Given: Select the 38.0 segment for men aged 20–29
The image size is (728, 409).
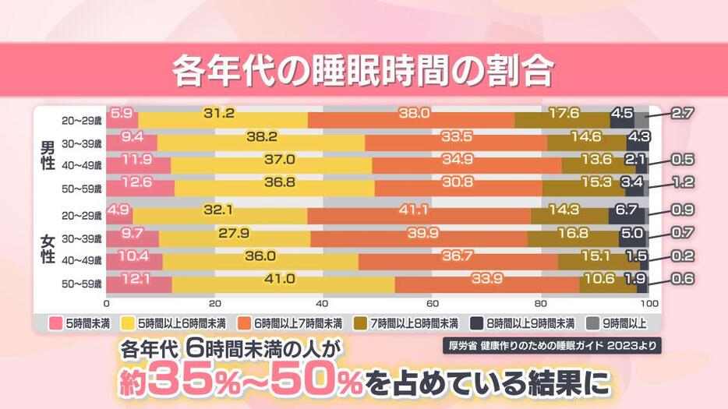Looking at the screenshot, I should (414, 114).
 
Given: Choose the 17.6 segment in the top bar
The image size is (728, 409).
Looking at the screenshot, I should (564, 114).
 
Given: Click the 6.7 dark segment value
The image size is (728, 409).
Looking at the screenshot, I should (627, 210).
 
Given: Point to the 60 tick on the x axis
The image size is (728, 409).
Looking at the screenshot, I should (431, 303).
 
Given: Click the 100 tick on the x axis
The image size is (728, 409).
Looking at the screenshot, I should (648, 303).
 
